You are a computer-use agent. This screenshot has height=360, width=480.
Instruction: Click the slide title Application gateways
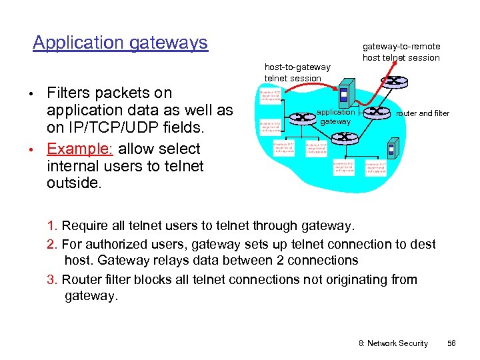tap(120, 43)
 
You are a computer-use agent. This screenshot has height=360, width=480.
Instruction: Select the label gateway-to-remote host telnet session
tap(401, 52)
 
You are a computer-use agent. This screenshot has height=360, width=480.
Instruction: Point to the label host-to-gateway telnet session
tap(297, 73)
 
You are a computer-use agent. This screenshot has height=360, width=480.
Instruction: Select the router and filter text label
tap(423, 113)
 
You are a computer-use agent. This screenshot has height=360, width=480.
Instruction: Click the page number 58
tap(451, 343)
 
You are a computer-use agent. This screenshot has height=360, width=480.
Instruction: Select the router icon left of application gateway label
tap(303, 117)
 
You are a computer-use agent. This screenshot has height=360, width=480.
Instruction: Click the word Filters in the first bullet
tap(73, 93)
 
